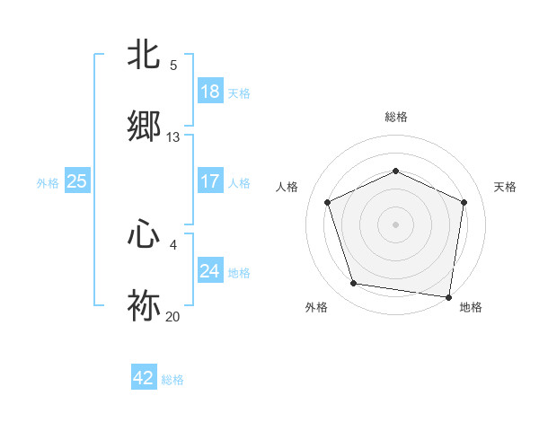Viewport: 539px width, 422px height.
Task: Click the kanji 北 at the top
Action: (x=145, y=55)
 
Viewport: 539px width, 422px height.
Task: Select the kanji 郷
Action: (x=145, y=126)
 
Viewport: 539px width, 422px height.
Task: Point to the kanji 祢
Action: (x=145, y=305)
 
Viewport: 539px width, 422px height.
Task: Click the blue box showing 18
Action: (x=210, y=92)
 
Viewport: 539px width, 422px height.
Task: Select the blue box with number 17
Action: (x=210, y=181)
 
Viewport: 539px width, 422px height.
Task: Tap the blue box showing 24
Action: (x=210, y=271)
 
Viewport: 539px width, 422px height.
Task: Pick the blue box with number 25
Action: (x=77, y=181)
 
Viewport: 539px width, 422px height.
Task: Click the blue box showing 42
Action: (x=144, y=379)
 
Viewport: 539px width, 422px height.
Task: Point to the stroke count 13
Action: (x=173, y=137)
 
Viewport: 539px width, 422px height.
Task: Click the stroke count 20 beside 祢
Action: (x=173, y=317)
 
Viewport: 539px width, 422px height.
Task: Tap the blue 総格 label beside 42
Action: (x=172, y=380)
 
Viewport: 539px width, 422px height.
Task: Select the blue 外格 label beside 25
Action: (x=48, y=182)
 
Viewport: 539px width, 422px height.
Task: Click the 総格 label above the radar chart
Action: (x=395, y=117)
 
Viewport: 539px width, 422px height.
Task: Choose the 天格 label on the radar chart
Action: (x=505, y=187)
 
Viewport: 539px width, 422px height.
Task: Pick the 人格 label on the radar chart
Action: (x=287, y=187)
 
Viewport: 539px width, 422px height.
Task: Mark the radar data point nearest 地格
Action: (x=448, y=296)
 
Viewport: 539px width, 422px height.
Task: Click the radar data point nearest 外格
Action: (x=354, y=284)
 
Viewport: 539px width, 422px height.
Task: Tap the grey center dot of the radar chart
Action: (x=395, y=224)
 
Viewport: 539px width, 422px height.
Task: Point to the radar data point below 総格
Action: (x=395, y=171)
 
